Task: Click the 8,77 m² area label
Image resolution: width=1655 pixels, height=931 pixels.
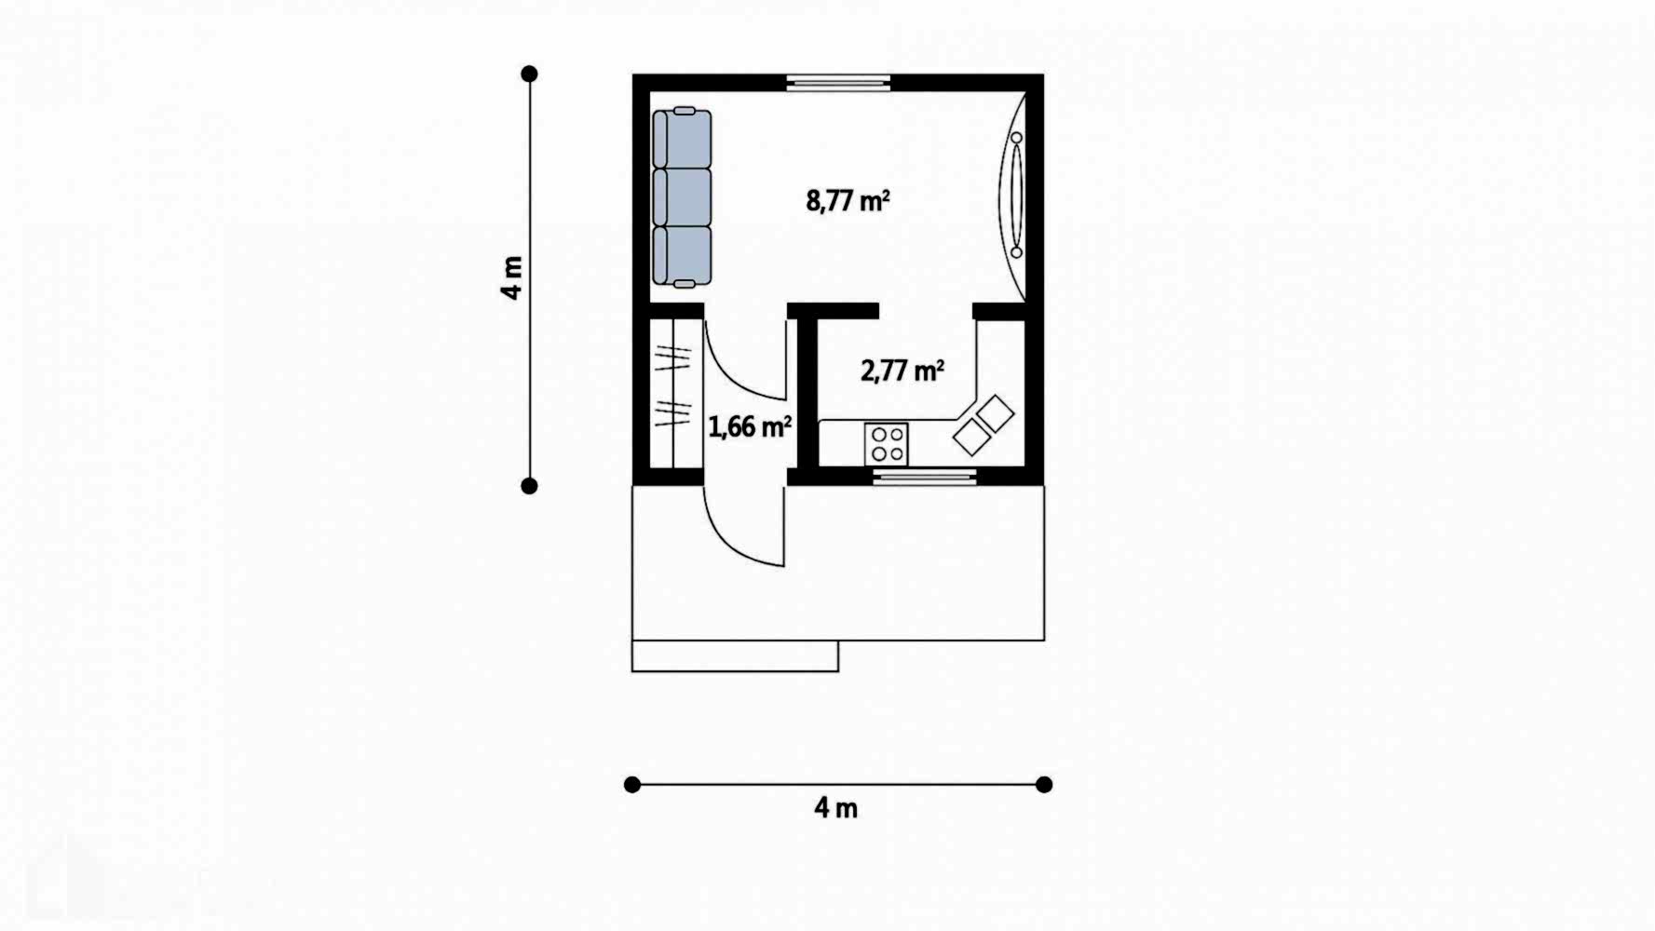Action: point(848,200)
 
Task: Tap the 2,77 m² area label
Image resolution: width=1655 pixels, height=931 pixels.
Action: point(902,371)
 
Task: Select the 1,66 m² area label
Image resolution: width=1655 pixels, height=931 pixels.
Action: point(750,427)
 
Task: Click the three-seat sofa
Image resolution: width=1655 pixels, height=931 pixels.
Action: point(682,197)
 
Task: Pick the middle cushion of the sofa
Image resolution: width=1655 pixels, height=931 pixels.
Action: point(682,197)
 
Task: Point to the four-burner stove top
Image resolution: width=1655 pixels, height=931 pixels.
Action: point(887,444)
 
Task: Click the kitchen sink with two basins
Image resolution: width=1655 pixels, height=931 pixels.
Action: point(983,425)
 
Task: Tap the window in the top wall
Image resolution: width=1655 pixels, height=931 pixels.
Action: point(838,83)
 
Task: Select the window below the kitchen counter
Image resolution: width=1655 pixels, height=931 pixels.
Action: point(925,478)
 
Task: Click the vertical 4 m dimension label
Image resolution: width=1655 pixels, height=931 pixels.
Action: point(512,277)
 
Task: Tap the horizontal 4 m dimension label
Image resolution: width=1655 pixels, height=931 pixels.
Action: point(836,808)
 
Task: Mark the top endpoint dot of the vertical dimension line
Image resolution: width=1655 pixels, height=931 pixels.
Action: point(529,74)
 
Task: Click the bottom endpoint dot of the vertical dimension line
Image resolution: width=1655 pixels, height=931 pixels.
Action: point(529,485)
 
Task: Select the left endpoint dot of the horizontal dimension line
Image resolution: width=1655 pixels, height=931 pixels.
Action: point(632,785)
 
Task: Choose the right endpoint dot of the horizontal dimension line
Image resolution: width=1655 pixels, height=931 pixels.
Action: point(1044,785)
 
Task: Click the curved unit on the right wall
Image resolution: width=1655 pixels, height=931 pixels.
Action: point(1013,196)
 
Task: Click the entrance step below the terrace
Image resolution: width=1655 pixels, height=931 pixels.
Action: point(735,656)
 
